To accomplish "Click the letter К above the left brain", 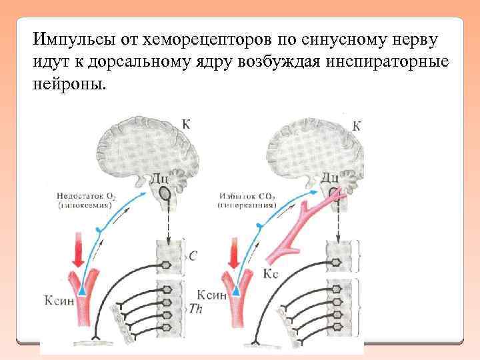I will pyautogui.click(x=185, y=124).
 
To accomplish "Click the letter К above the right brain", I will pyautogui.click(x=357, y=125).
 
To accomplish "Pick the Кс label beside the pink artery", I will pyautogui.click(x=271, y=273).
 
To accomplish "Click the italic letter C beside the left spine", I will pyautogui.click(x=193, y=256).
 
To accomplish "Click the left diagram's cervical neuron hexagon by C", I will pyautogui.click(x=166, y=265).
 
